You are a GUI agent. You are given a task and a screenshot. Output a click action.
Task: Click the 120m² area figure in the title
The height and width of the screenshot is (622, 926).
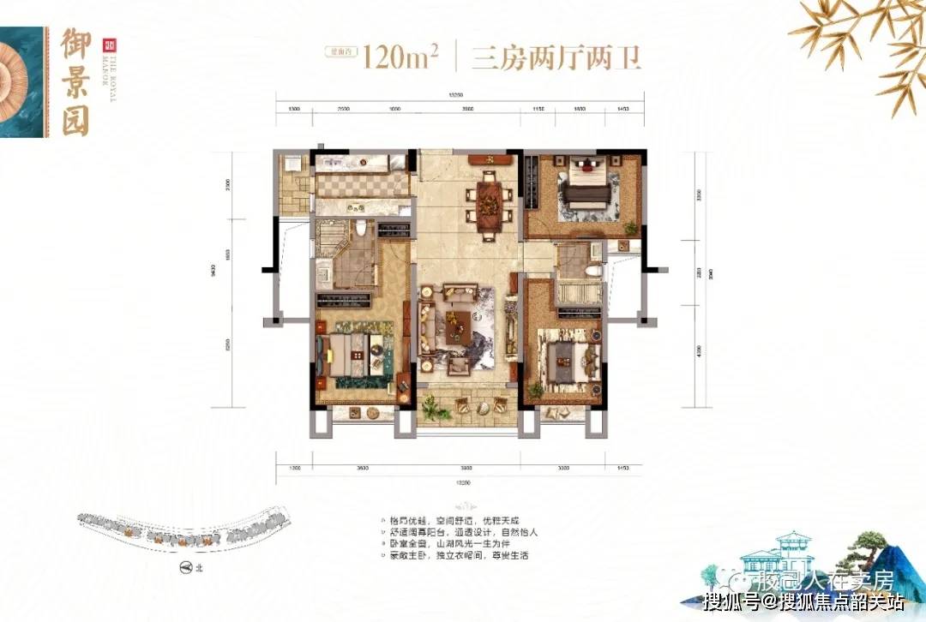(x=400, y=58)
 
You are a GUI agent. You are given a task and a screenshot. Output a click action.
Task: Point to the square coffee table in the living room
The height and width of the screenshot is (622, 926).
(x=460, y=326)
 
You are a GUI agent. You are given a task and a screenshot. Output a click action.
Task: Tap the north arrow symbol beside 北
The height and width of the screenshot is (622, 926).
(x=183, y=567)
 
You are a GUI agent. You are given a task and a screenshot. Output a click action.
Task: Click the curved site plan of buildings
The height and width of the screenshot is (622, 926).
(x=180, y=528)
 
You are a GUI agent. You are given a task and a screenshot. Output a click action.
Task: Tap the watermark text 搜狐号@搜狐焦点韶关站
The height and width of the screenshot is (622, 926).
(x=802, y=601)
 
